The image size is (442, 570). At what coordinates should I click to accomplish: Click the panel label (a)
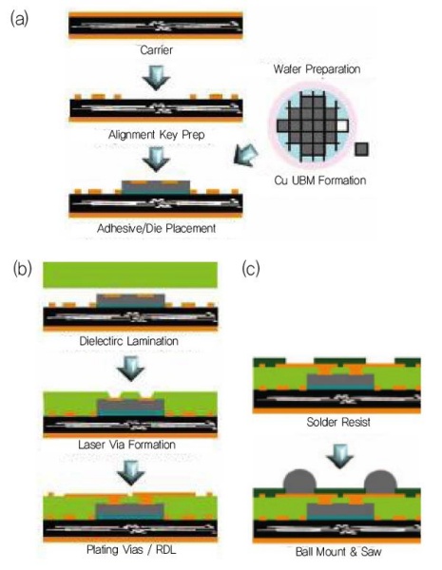coord(19,19)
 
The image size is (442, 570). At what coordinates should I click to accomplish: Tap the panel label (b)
coord(22,269)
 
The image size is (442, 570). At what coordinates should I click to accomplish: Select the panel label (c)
coord(251,269)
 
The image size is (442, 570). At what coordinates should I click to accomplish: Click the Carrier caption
coord(157,49)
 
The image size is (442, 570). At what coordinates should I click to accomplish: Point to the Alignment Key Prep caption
coord(157,135)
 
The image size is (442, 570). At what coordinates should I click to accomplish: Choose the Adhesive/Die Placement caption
coord(157,228)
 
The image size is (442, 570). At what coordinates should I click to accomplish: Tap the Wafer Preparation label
coord(317,69)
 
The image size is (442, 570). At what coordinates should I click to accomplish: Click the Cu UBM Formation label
coord(320,180)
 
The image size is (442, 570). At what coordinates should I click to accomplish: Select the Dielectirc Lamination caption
coord(128,341)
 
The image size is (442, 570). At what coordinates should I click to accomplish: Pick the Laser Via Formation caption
coord(127,445)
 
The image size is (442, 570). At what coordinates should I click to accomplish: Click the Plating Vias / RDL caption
coord(131,549)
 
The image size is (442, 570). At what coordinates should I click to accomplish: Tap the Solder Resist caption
coord(338,422)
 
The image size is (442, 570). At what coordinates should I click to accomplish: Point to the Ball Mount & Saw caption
coord(338,552)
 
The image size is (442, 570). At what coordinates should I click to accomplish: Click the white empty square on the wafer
coord(343,125)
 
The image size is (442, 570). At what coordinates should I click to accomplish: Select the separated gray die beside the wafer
coord(361,149)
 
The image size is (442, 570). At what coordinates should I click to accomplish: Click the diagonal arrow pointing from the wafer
coord(246,156)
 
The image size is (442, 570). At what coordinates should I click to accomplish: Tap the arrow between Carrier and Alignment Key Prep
coord(157,78)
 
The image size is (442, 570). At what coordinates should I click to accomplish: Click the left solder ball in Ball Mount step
coord(299,482)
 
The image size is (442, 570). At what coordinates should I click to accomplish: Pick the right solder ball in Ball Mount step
coord(380,482)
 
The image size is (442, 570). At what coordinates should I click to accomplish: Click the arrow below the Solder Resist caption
coord(339,456)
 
